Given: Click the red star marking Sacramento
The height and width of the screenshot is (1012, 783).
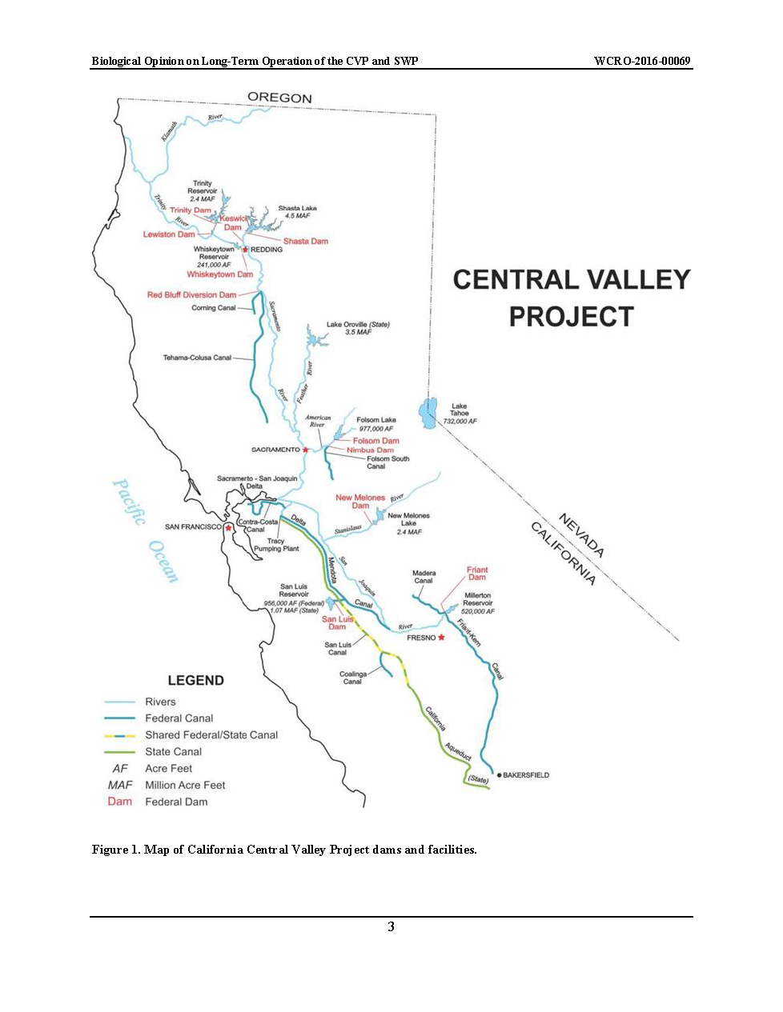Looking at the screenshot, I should pos(305,450).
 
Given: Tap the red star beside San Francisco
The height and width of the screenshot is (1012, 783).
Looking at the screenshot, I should pos(229,527).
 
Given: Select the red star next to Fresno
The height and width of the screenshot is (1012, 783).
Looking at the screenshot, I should pos(440,638).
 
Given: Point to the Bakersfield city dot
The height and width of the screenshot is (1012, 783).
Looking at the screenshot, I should pos(499,775).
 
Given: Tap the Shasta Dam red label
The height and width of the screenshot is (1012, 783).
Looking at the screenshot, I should pos(305,241).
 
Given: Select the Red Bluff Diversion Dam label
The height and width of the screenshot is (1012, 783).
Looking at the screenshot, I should pos(191,294).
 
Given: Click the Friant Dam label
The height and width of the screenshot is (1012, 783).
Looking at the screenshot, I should pos(477,573).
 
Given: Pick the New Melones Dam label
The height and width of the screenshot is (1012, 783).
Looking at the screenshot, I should pos(360,502).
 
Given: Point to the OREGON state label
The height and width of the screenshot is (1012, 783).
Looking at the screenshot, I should pos(279,98).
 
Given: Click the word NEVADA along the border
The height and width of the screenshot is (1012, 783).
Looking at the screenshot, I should pos(581,535).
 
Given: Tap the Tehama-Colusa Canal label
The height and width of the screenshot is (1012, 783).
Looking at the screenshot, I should pos(197,358).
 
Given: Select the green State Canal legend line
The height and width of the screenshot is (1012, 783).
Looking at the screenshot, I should pos(119,752).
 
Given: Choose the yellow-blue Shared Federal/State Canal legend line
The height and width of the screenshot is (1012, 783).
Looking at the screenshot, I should pos(119,735).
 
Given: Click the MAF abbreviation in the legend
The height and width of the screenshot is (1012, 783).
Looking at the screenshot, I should pos(120,785).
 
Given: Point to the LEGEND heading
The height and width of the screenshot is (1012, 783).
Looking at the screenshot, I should pos(195,681).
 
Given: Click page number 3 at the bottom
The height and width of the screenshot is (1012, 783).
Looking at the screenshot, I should pos(391,926).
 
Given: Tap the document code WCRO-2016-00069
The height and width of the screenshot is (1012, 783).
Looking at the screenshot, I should pos(642,61).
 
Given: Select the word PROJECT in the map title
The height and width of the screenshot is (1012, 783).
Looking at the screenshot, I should pos(571,317).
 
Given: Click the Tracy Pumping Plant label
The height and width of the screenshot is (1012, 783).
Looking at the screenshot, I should pos(276,545).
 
